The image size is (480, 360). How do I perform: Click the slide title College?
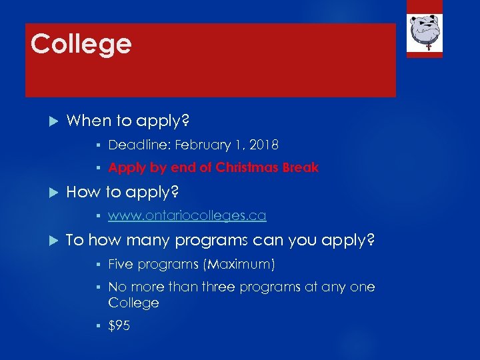pyautogui.click(x=81, y=45)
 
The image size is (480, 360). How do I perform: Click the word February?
pyautogui.click(x=199, y=145)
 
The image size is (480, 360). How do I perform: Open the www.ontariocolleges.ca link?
pyautogui.click(x=187, y=215)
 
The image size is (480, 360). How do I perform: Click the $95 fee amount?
pyautogui.click(x=119, y=326)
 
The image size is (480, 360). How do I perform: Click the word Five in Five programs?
pyautogui.click(x=121, y=265)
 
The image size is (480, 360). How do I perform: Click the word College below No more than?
pyautogui.click(x=133, y=303)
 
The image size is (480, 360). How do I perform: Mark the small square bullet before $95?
pyautogui.click(x=98, y=327)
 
